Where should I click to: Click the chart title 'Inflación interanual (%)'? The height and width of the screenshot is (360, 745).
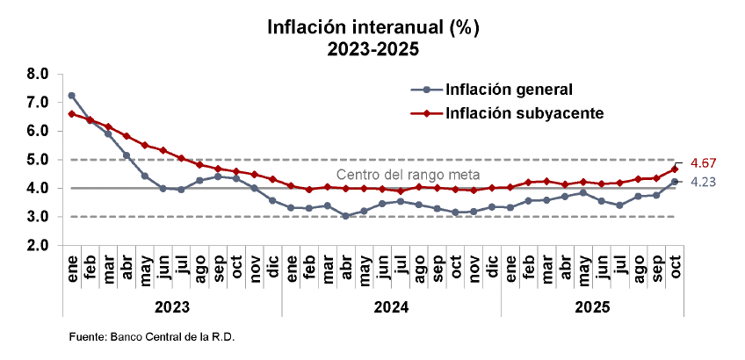coord(372,27)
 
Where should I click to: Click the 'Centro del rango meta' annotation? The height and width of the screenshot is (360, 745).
coord(409,174)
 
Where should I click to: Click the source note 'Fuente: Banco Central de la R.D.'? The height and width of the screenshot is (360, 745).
coord(152,337)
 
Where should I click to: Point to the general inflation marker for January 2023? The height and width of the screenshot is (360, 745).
coord(71,96)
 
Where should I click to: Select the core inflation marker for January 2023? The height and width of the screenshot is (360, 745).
coord(71,114)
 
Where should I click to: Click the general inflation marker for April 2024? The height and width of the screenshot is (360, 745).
coord(345,215)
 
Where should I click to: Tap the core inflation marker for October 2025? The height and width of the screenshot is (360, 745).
coord(675,169)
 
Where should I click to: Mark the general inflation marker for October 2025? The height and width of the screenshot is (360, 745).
coord(675,182)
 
